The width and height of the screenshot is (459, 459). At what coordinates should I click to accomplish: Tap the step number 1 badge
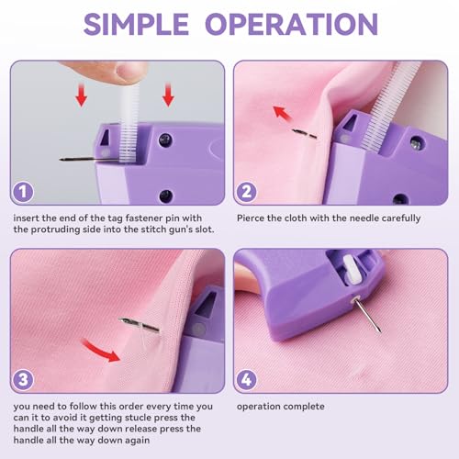[26, 190]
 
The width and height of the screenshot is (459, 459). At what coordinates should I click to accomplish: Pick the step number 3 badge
[26, 378]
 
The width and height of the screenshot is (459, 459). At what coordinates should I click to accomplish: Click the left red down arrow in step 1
[81, 95]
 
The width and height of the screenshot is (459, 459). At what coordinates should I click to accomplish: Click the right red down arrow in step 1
[168, 95]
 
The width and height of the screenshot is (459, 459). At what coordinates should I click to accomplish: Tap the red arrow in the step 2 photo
[284, 116]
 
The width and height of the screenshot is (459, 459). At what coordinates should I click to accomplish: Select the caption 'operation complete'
[280, 407]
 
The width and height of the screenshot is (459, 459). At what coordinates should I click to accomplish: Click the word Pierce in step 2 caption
[252, 218]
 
